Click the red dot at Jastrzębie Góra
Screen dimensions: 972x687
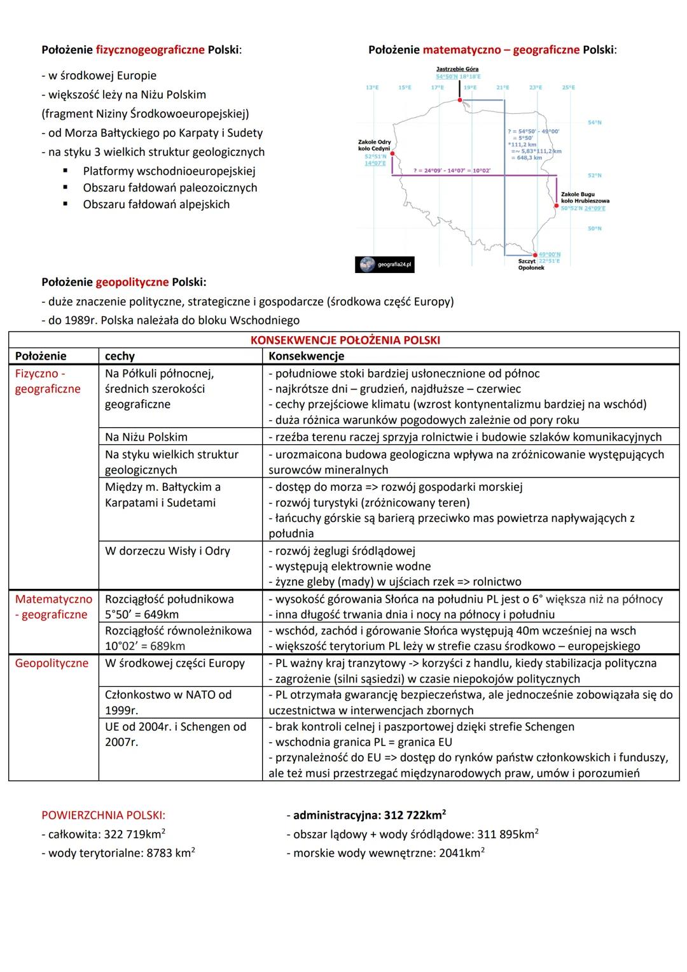[x=459, y=100]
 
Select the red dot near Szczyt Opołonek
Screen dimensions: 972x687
[x=535, y=255]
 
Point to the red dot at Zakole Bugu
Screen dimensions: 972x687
[x=557, y=206]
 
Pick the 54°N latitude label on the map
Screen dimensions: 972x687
[x=594, y=122]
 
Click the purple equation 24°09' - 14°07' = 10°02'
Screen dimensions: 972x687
[x=452, y=171]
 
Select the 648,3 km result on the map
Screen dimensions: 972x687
[x=529, y=158]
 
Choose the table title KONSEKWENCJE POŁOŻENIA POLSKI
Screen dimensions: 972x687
[x=345, y=340]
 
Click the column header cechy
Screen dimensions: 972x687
[x=120, y=356]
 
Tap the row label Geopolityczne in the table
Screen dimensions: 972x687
[x=52, y=663]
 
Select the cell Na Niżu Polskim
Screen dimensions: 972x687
[x=146, y=437]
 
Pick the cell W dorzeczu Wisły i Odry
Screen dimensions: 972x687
[x=167, y=551]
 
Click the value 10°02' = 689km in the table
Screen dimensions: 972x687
[x=145, y=646]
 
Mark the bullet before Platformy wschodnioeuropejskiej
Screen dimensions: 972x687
[x=66, y=171]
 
